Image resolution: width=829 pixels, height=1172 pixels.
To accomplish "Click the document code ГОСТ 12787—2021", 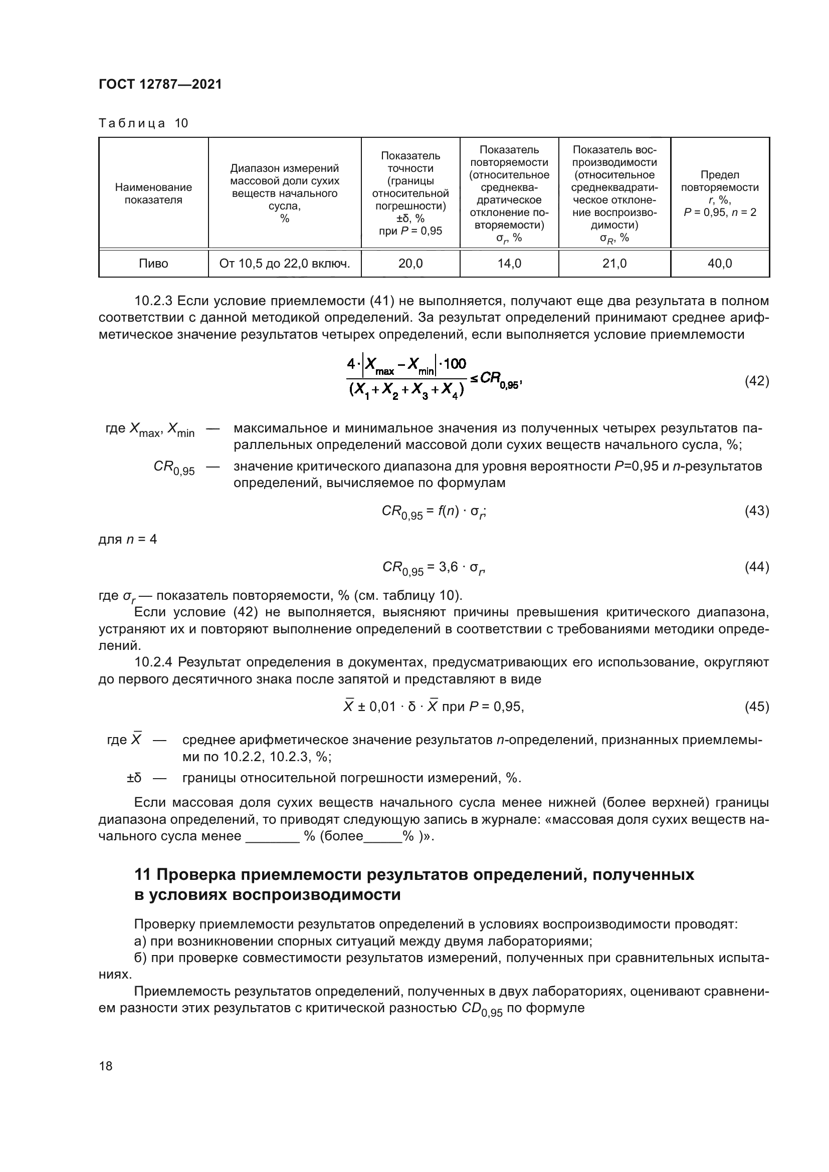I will click(x=160, y=84).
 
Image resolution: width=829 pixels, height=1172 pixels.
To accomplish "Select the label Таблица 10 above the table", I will click(x=143, y=123).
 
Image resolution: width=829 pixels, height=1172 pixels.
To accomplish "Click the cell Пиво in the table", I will click(x=153, y=264).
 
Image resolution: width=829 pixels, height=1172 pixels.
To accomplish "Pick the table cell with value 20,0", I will click(x=410, y=264).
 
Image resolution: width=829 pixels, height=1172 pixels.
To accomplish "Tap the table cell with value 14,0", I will click(x=509, y=264).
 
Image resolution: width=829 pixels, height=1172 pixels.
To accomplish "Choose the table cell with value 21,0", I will click(x=614, y=264).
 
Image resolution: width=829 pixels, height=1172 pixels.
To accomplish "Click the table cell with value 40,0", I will click(x=720, y=264).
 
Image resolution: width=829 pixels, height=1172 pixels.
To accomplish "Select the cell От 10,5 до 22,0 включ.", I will click(x=284, y=264).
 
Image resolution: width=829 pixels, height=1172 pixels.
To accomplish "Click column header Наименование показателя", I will click(x=153, y=193).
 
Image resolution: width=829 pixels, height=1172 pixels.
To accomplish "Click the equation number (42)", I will click(x=756, y=381).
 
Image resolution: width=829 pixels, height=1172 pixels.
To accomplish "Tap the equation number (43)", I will click(x=756, y=511).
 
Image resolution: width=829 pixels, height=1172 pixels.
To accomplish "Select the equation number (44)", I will click(x=756, y=567).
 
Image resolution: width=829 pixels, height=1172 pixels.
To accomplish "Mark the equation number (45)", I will click(x=756, y=707).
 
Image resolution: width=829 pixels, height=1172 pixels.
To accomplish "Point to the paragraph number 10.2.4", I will click(x=153, y=662).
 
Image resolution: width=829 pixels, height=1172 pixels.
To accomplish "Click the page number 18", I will click(x=106, y=1066).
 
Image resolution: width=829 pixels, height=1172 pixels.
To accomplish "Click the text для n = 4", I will click(x=128, y=539).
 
